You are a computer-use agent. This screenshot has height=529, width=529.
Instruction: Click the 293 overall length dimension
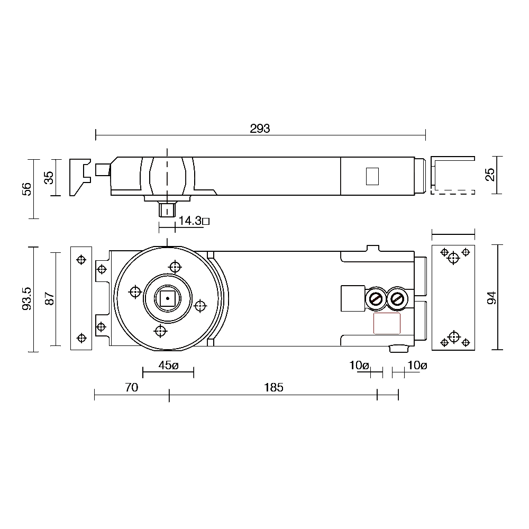click(x=260, y=129)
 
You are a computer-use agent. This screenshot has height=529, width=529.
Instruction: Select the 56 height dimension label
click(x=26, y=188)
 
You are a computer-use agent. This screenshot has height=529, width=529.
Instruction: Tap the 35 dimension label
click(x=49, y=177)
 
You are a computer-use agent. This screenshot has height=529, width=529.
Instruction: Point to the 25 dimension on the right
click(x=490, y=175)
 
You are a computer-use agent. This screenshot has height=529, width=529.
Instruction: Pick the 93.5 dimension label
click(x=26, y=298)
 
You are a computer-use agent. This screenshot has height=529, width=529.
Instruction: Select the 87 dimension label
click(x=49, y=299)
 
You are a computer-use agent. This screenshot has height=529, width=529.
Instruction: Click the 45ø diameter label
click(x=169, y=365)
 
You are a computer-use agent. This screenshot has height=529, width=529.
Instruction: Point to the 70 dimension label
click(x=132, y=388)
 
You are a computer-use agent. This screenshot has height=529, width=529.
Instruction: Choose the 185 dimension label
click(x=273, y=388)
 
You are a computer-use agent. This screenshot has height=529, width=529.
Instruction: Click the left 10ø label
click(x=359, y=365)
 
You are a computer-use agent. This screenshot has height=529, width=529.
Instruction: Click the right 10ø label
click(x=417, y=365)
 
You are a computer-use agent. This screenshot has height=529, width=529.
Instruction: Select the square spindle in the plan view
click(x=168, y=299)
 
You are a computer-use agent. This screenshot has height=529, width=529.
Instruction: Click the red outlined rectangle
click(x=387, y=323)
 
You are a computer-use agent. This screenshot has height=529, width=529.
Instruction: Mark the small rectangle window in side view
click(x=372, y=176)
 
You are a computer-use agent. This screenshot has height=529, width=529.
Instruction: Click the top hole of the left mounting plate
click(x=81, y=260)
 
